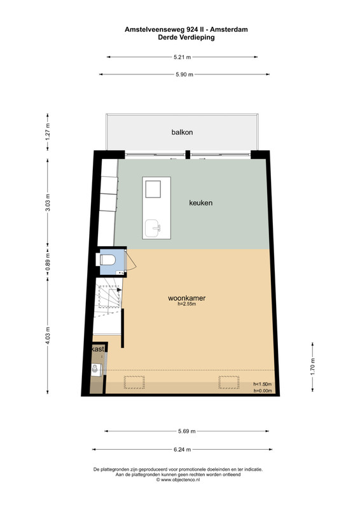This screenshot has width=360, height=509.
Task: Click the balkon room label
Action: coord(182,132)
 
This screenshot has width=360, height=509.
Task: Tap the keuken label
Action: coord(201,203)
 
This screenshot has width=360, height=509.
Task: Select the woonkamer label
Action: coord(186,298)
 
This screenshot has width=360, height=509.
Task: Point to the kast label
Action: coord(98,349)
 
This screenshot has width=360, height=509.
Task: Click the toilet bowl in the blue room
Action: coord(106,260)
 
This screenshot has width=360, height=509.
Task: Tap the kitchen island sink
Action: coord(152,228)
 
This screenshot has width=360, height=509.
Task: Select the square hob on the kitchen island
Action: coord(153,189)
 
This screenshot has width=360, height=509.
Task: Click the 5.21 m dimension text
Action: coord(182,57)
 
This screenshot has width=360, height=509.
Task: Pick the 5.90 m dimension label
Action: coord(184,74)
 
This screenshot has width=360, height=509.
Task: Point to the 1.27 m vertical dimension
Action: coord(48,132)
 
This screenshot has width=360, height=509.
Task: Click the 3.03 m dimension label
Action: coord(48,202)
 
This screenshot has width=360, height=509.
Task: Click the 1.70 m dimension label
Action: coord(312,366)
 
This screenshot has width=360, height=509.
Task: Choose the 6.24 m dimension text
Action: coord(182,450)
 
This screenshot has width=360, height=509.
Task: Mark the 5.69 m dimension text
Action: coord(186,431)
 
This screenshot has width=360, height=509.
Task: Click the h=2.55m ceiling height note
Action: coord(186,304)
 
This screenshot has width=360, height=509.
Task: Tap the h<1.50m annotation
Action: coord(263,384)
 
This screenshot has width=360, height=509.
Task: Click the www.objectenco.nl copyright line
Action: coord(178,480)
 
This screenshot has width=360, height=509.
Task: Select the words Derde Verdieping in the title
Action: coord(186,38)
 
